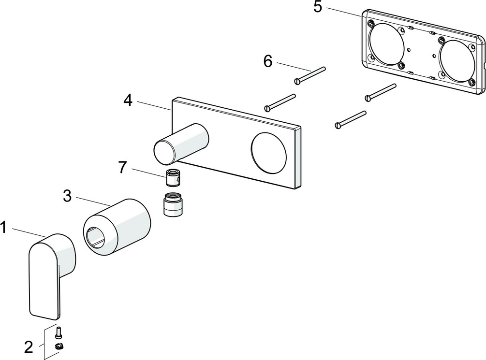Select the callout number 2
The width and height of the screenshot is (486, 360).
point(29,346)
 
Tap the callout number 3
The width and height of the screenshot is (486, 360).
point(67,196)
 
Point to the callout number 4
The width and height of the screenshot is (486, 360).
point(128,101)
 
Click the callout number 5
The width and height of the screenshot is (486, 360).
point(318,7)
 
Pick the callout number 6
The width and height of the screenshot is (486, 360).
point(268,61)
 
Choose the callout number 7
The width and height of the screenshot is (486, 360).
point(122,168)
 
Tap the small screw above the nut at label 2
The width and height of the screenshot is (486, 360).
point(59,332)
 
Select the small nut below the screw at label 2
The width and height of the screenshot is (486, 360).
point(60,346)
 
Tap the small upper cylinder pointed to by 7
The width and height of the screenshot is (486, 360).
point(173,179)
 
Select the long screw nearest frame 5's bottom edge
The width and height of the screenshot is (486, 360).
point(381,92)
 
